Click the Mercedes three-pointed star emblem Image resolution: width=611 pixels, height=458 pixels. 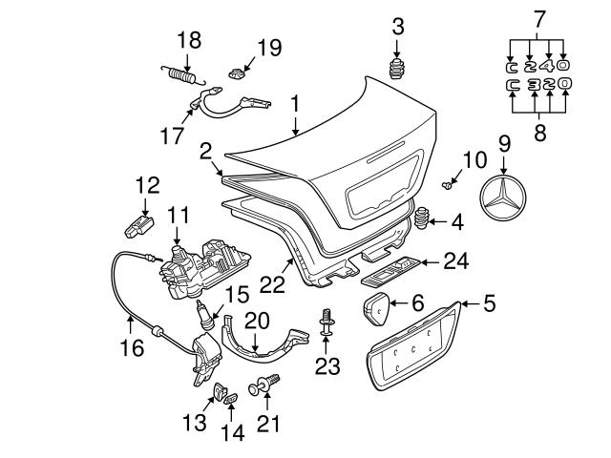(x=505, y=203)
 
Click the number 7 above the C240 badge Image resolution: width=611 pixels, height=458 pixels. (x=540, y=18)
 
